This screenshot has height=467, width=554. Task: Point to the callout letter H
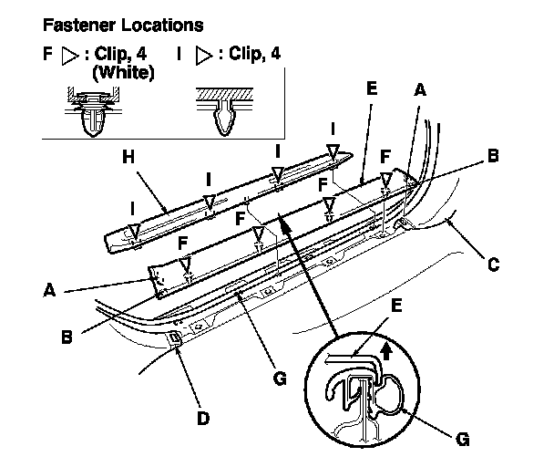click(128, 158)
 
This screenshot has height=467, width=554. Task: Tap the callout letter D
click(202, 418)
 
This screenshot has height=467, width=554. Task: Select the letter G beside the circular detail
click(463, 439)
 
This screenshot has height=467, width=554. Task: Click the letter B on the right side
click(492, 155)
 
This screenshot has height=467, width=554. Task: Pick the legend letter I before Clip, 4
click(181, 54)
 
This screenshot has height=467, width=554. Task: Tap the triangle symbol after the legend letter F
click(71, 55)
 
